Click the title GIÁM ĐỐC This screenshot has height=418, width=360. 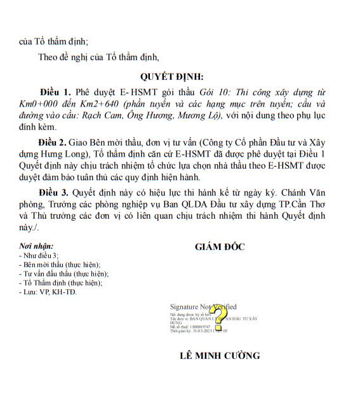220,247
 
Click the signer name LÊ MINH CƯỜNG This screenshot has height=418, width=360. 220,355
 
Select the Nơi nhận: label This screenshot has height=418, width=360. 36,245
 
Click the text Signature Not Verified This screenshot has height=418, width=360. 203,306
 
